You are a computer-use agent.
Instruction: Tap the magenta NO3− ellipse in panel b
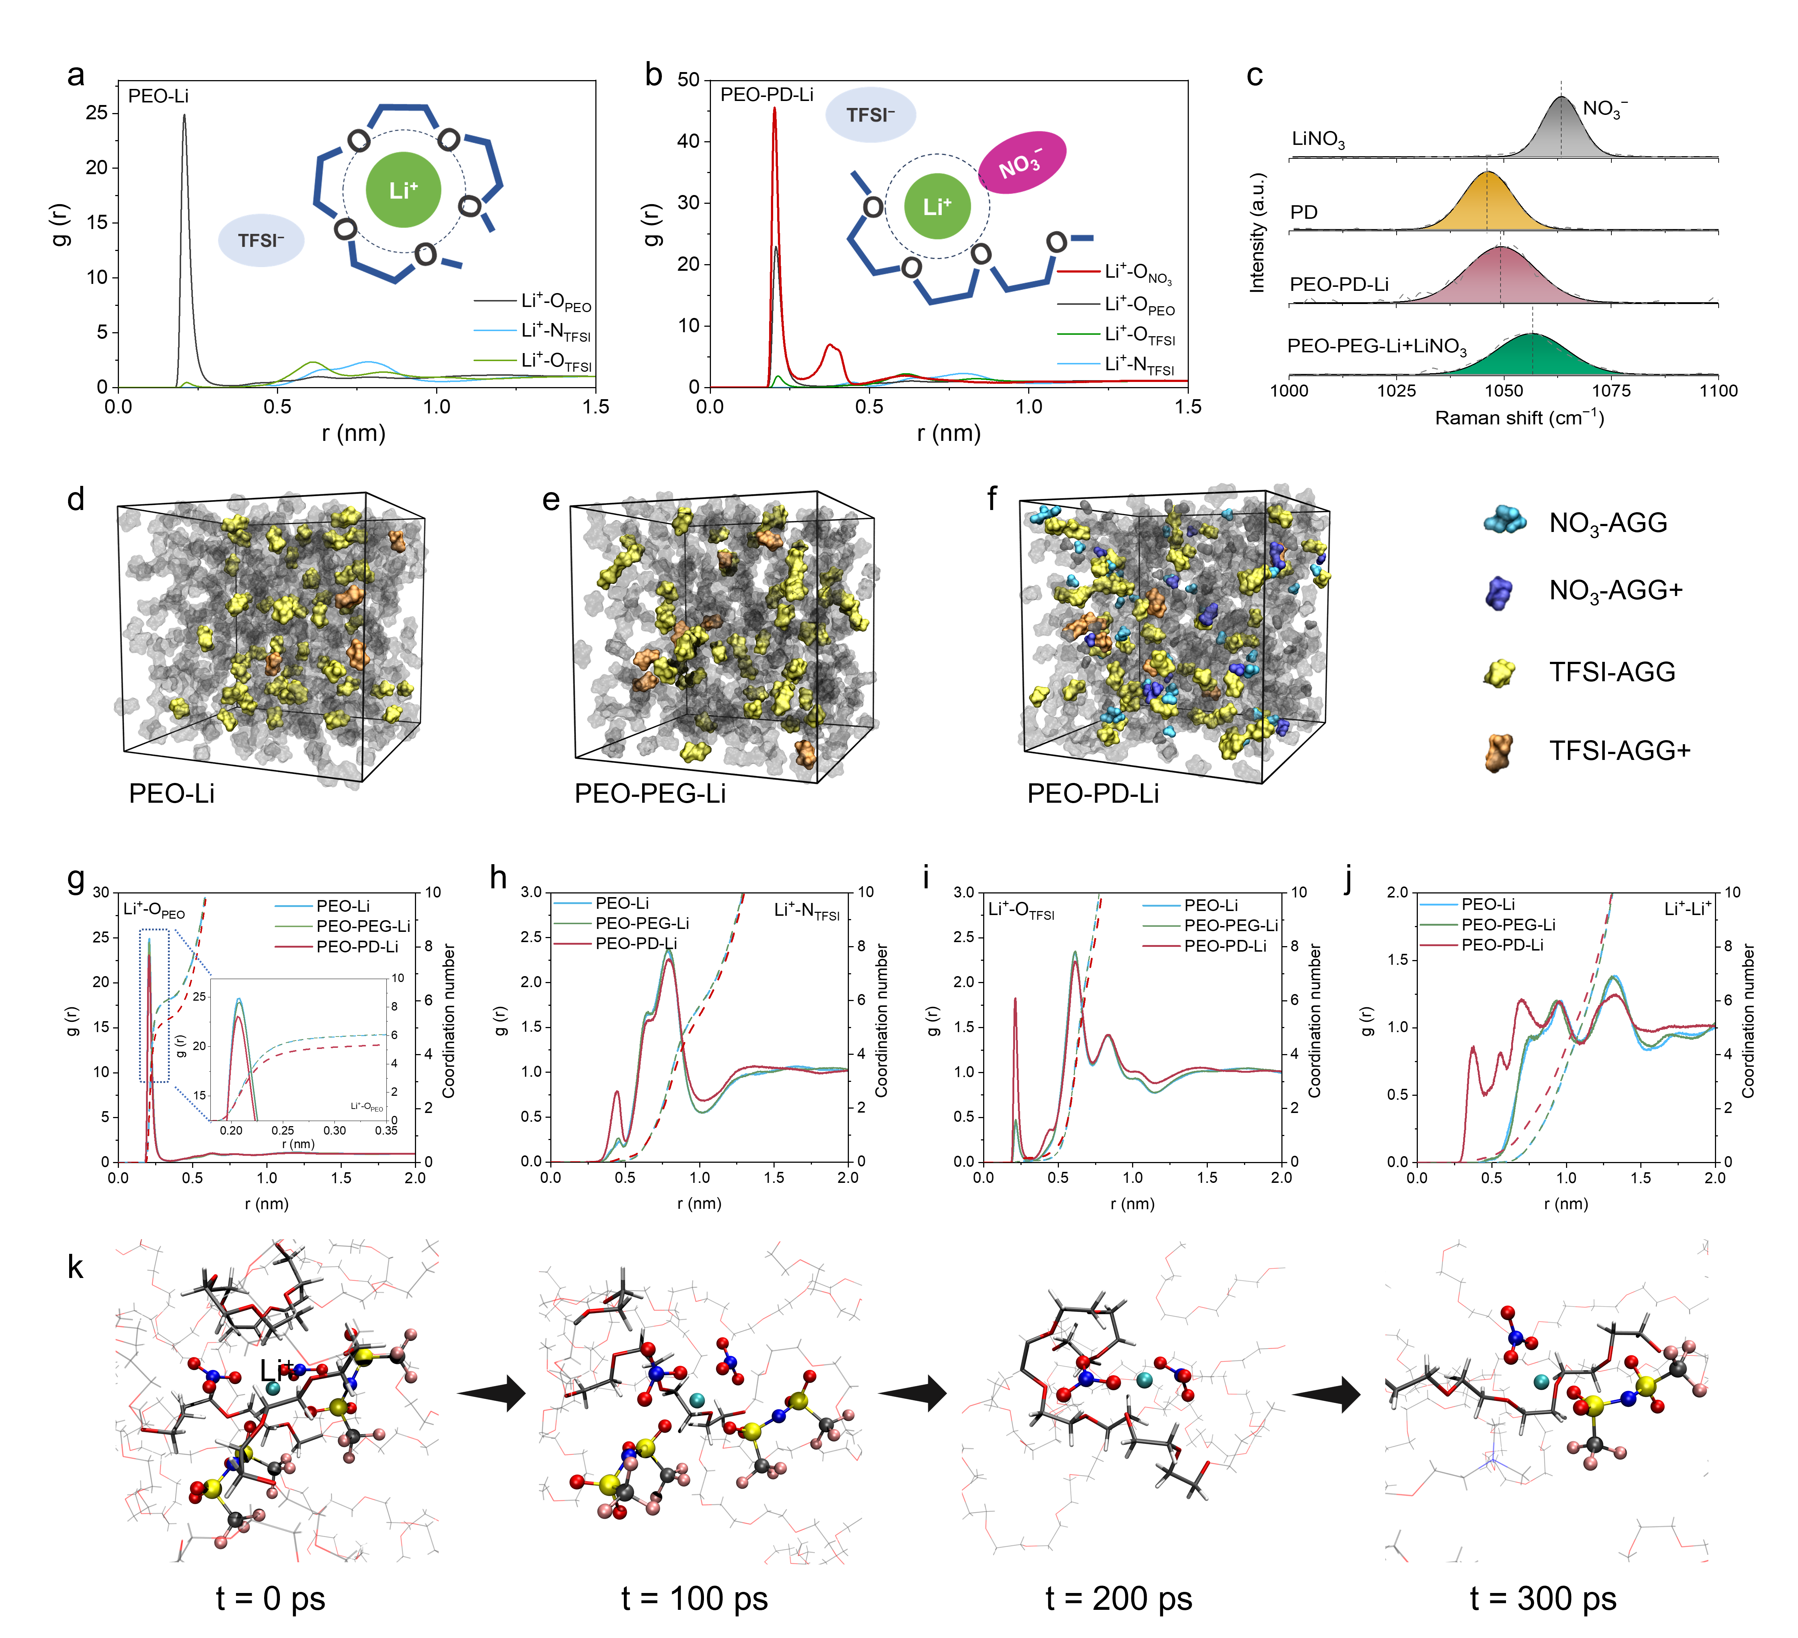tap(1022, 163)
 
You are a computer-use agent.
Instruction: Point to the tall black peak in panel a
tap(185, 120)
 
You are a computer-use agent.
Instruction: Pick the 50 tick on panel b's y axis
tap(689, 79)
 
